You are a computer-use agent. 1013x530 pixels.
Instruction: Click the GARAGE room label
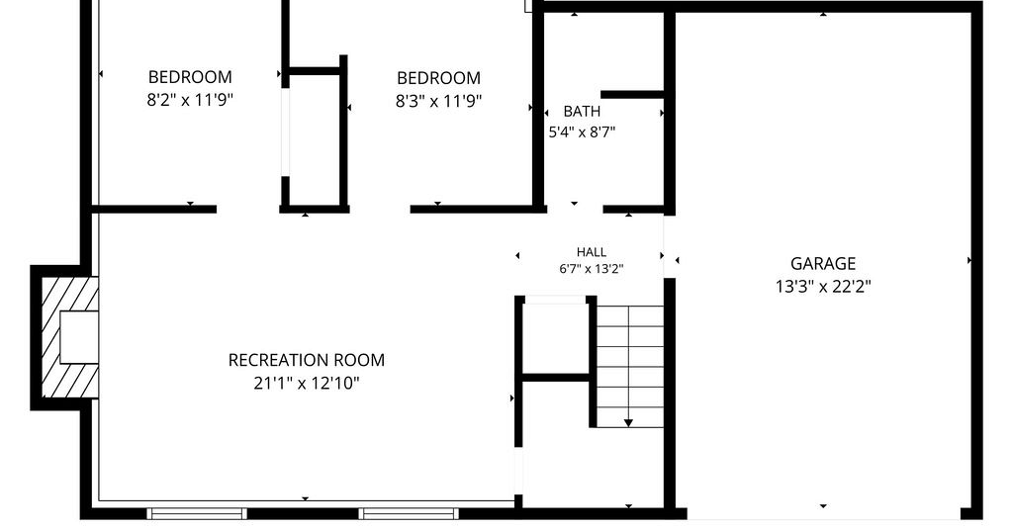823,263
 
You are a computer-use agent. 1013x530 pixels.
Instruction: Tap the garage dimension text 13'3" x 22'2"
823,286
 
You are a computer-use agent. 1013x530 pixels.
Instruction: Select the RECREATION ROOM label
307,360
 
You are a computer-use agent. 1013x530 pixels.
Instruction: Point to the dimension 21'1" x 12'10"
307,384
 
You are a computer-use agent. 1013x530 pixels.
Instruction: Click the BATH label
582,111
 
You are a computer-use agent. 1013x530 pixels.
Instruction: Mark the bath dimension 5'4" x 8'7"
582,132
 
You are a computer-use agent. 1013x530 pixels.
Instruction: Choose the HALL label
592,252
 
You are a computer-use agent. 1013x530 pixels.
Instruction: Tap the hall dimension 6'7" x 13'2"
592,269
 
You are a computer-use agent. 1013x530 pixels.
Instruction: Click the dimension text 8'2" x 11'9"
190,100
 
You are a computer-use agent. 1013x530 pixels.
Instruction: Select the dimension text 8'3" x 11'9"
438,101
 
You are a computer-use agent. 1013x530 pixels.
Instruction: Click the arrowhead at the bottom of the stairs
628,423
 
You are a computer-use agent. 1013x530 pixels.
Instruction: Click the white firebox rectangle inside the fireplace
79,337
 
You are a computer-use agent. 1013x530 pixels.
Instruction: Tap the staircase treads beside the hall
629,366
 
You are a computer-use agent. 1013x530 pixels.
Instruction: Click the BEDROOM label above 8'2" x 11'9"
190,77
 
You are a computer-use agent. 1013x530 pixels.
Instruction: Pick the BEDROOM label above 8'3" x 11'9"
438,78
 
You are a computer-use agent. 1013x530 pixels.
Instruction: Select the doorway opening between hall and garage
670,247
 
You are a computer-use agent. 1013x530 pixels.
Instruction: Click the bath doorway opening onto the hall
575,209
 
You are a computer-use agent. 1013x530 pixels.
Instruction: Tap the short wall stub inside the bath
632,95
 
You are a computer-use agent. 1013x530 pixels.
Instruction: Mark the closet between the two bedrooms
314,138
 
